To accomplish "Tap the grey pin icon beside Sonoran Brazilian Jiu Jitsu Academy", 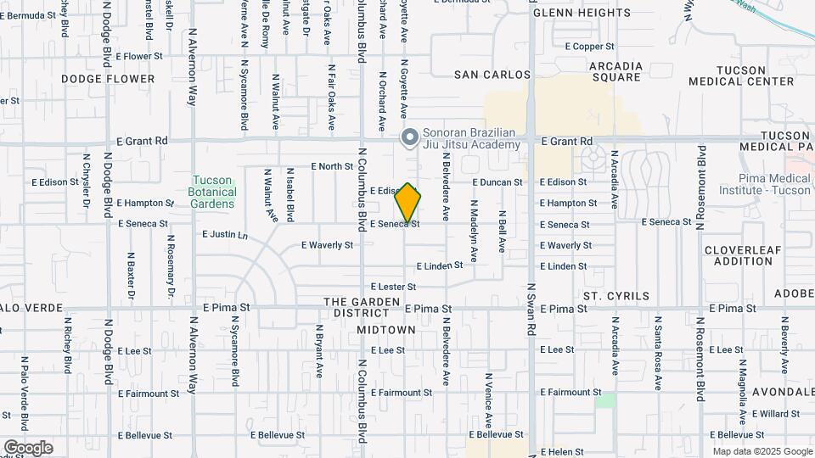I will pos(409,137).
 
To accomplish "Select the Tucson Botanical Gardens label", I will pos(213,192).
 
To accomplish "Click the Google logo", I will pos(28,448).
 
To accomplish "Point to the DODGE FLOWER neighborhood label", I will pos(108,79).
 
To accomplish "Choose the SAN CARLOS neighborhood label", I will pos(492,75).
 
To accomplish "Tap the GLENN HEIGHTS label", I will pos(582,13).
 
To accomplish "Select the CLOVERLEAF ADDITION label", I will pos(738,255).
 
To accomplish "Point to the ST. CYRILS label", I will pos(616,296).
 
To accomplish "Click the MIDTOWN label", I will pos(386,329).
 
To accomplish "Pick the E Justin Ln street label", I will pos(225,234).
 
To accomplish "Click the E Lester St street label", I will pos(393,288).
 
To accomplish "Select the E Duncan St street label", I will pos(497,182).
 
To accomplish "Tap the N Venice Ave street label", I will pos(488,399).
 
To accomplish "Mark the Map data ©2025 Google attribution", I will pos(762,451).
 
